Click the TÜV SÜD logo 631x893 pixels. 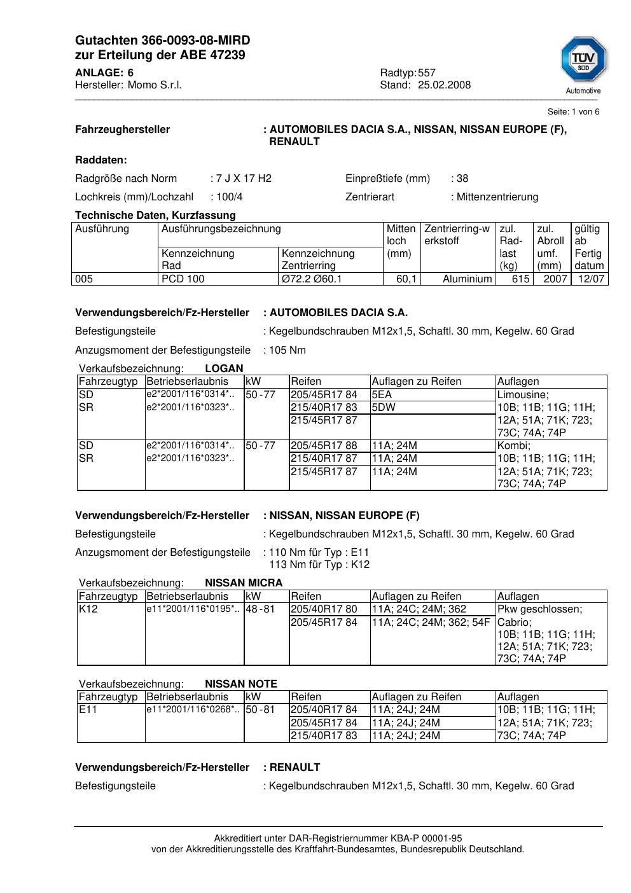point(583,61)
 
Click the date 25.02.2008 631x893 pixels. point(444,85)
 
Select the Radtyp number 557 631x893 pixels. point(427,73)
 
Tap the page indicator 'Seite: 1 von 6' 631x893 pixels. point(573,112)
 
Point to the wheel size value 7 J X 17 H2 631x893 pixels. point(244,179)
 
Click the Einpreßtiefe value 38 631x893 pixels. point(462,179)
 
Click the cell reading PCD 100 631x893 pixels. point(183,279)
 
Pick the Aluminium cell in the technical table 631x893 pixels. point(468,279)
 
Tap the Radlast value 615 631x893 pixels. point(521,279)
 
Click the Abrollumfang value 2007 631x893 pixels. point(555,279)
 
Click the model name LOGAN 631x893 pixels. point(224,368)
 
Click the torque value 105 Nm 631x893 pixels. point(288,350)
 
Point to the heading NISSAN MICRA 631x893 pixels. point(244,583)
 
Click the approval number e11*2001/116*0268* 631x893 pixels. point(193,709)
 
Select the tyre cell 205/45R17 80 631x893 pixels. point(324,609)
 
